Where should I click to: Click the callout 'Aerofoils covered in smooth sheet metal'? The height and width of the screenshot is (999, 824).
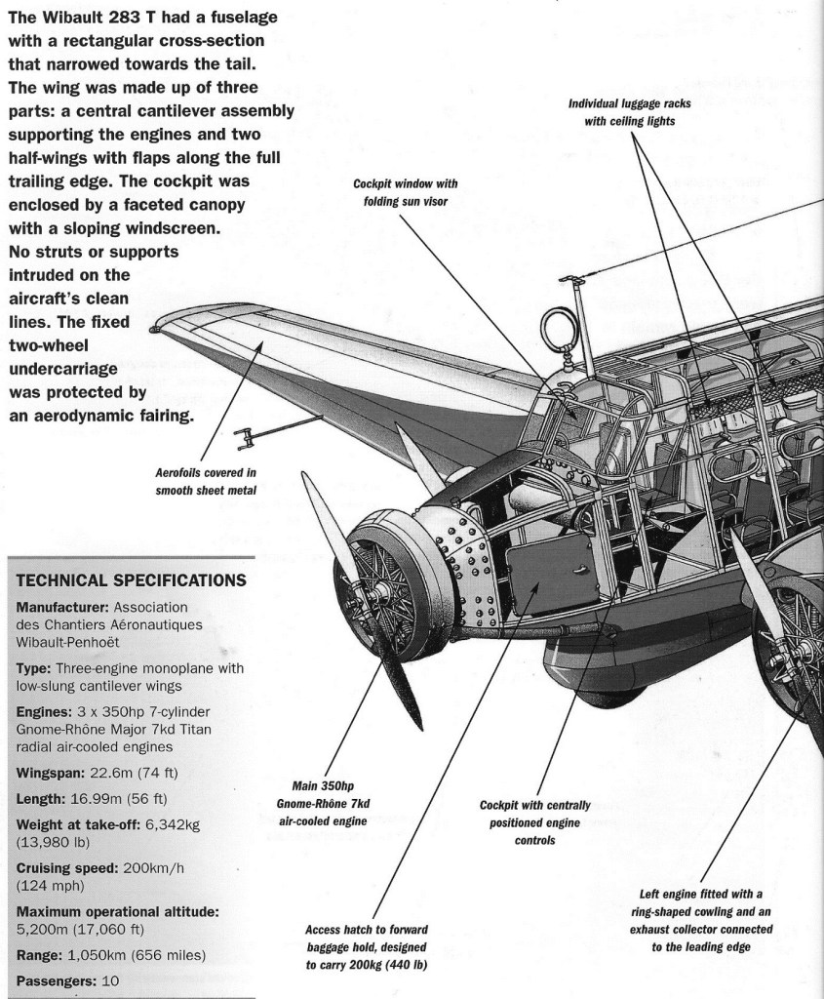pos(206,482)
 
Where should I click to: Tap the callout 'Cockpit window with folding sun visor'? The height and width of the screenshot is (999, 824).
pos(406,192)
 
